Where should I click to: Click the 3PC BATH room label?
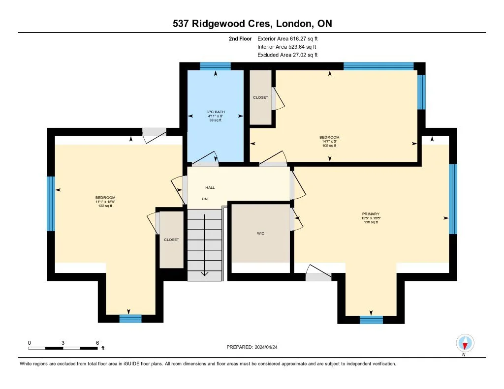coord(216,112)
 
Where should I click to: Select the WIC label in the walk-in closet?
coord(260,233)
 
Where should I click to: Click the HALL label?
coord(210,187)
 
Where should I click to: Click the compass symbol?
coord(465,343)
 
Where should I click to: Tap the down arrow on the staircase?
coord(205,273)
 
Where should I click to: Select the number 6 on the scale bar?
coord(97,342)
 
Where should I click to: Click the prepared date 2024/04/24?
coord(255,347)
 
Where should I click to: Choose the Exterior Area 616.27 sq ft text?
coord(291,38)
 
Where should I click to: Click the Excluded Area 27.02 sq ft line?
coord(287,55)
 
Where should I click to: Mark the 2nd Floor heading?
coord(240,38)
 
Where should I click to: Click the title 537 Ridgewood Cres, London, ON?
coord(252,24)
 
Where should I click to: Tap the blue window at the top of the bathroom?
coord(215,66)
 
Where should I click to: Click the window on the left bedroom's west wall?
coord(51,204)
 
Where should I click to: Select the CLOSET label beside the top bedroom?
coord(260,97)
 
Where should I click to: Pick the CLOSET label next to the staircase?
coord(171,239)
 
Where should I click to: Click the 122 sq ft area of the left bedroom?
coord(105,206)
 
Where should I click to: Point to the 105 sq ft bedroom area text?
coord(329,146)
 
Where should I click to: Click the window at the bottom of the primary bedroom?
coord(371,320)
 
